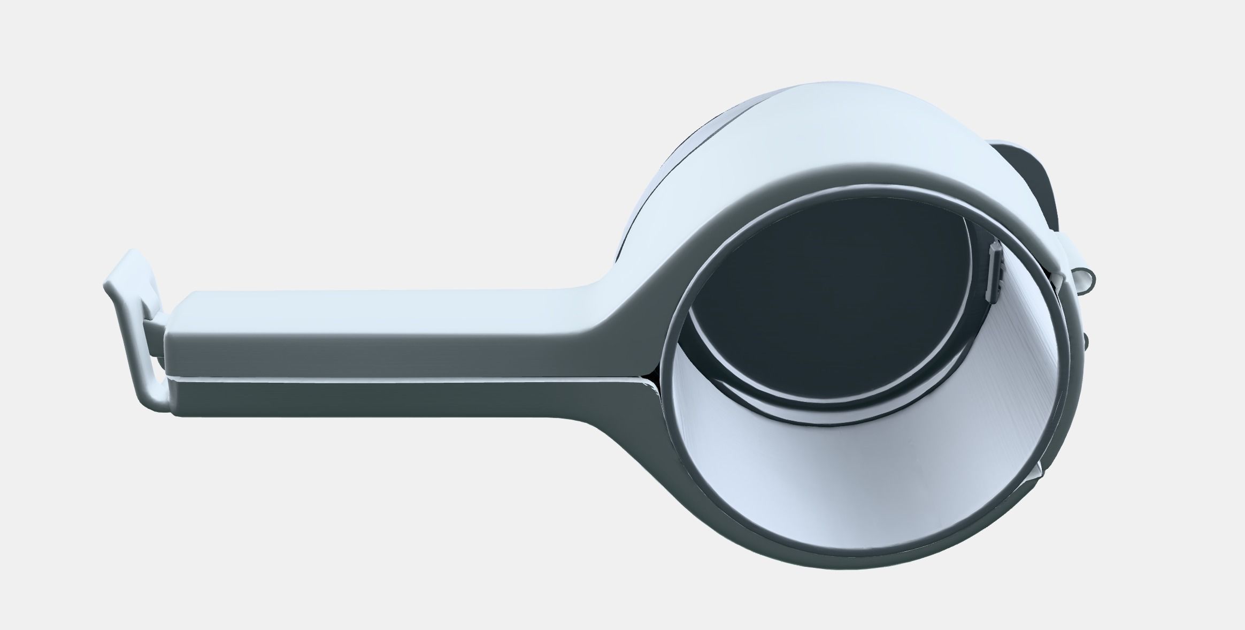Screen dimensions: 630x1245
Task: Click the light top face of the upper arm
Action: (374, 303)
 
